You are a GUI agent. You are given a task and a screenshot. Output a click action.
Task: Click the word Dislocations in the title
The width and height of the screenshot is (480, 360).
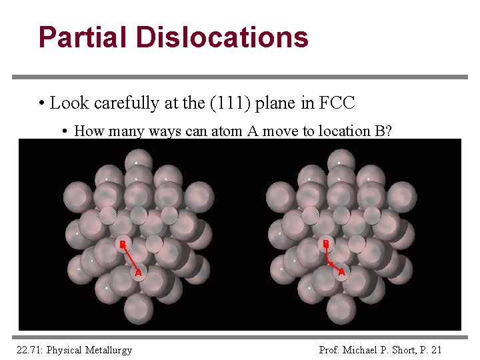(x=222, y=37)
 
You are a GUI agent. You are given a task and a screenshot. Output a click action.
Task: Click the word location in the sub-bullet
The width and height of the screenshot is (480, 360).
(x=331, y=131)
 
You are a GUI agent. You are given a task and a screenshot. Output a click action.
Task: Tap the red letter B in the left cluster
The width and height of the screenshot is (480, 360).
(x=123, y=243)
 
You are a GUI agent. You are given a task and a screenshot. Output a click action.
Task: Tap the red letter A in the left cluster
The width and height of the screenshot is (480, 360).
(x=138, y=272)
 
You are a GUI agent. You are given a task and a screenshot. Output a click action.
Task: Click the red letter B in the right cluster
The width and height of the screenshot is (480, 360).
(x=326, y=243)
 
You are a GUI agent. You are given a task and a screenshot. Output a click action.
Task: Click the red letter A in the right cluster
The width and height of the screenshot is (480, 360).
(x=341, y=272)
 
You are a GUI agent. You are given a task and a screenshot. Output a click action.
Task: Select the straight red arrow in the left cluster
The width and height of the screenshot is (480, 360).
(x=130, y=257)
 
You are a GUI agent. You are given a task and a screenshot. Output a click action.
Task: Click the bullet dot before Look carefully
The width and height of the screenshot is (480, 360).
(x=41, y=104)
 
